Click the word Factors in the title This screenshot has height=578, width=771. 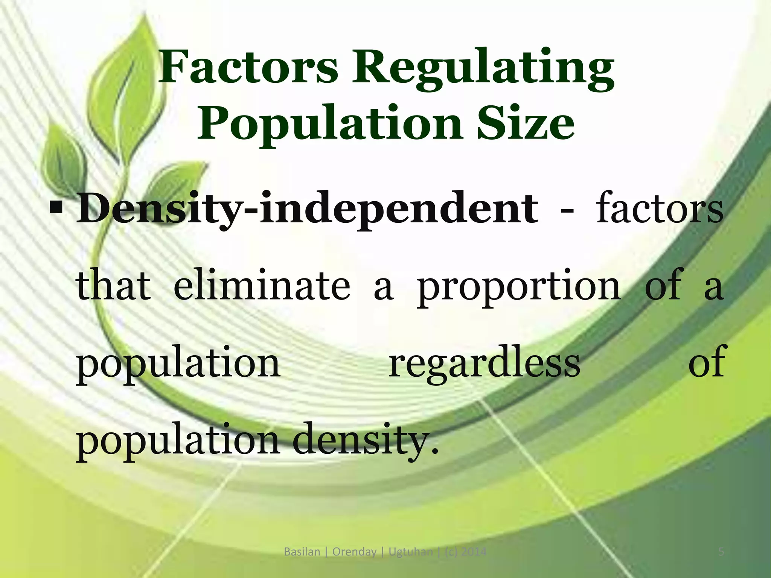click(248, 68)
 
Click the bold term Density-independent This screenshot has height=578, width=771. click(307, 209)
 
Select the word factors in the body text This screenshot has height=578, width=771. click(659, 209)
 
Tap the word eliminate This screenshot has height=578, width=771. click(262, 286)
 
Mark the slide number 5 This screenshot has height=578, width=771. click(721, 552)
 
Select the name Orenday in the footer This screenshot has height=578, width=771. click(354, 552)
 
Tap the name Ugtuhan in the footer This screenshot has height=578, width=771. click(411, 552)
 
